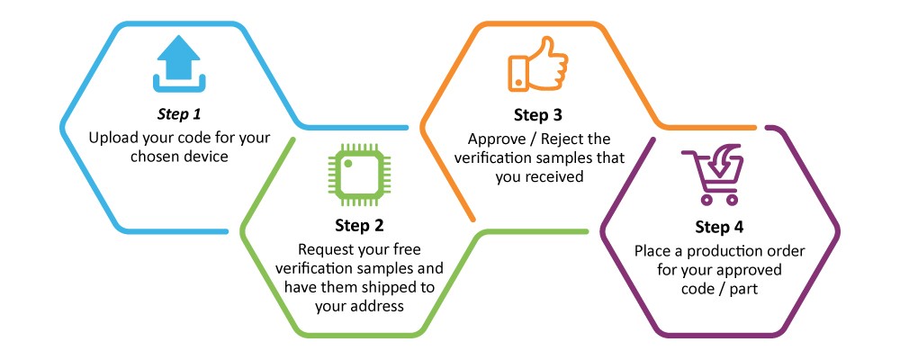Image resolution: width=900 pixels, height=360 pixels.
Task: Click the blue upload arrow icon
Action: tap(178, 64)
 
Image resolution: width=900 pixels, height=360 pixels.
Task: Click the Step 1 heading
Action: tap(179, 115)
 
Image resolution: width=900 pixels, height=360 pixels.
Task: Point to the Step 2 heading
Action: tap(359, 226)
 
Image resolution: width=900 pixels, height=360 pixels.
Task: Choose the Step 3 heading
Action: tap(538, 115)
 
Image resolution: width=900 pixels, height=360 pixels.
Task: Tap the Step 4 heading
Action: tap(719, 228)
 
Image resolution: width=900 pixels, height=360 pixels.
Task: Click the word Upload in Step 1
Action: tap(110, 139)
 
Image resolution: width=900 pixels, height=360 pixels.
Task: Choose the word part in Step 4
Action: tap(743, 289)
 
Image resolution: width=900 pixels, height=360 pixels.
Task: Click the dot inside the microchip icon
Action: tap(347, 164)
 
